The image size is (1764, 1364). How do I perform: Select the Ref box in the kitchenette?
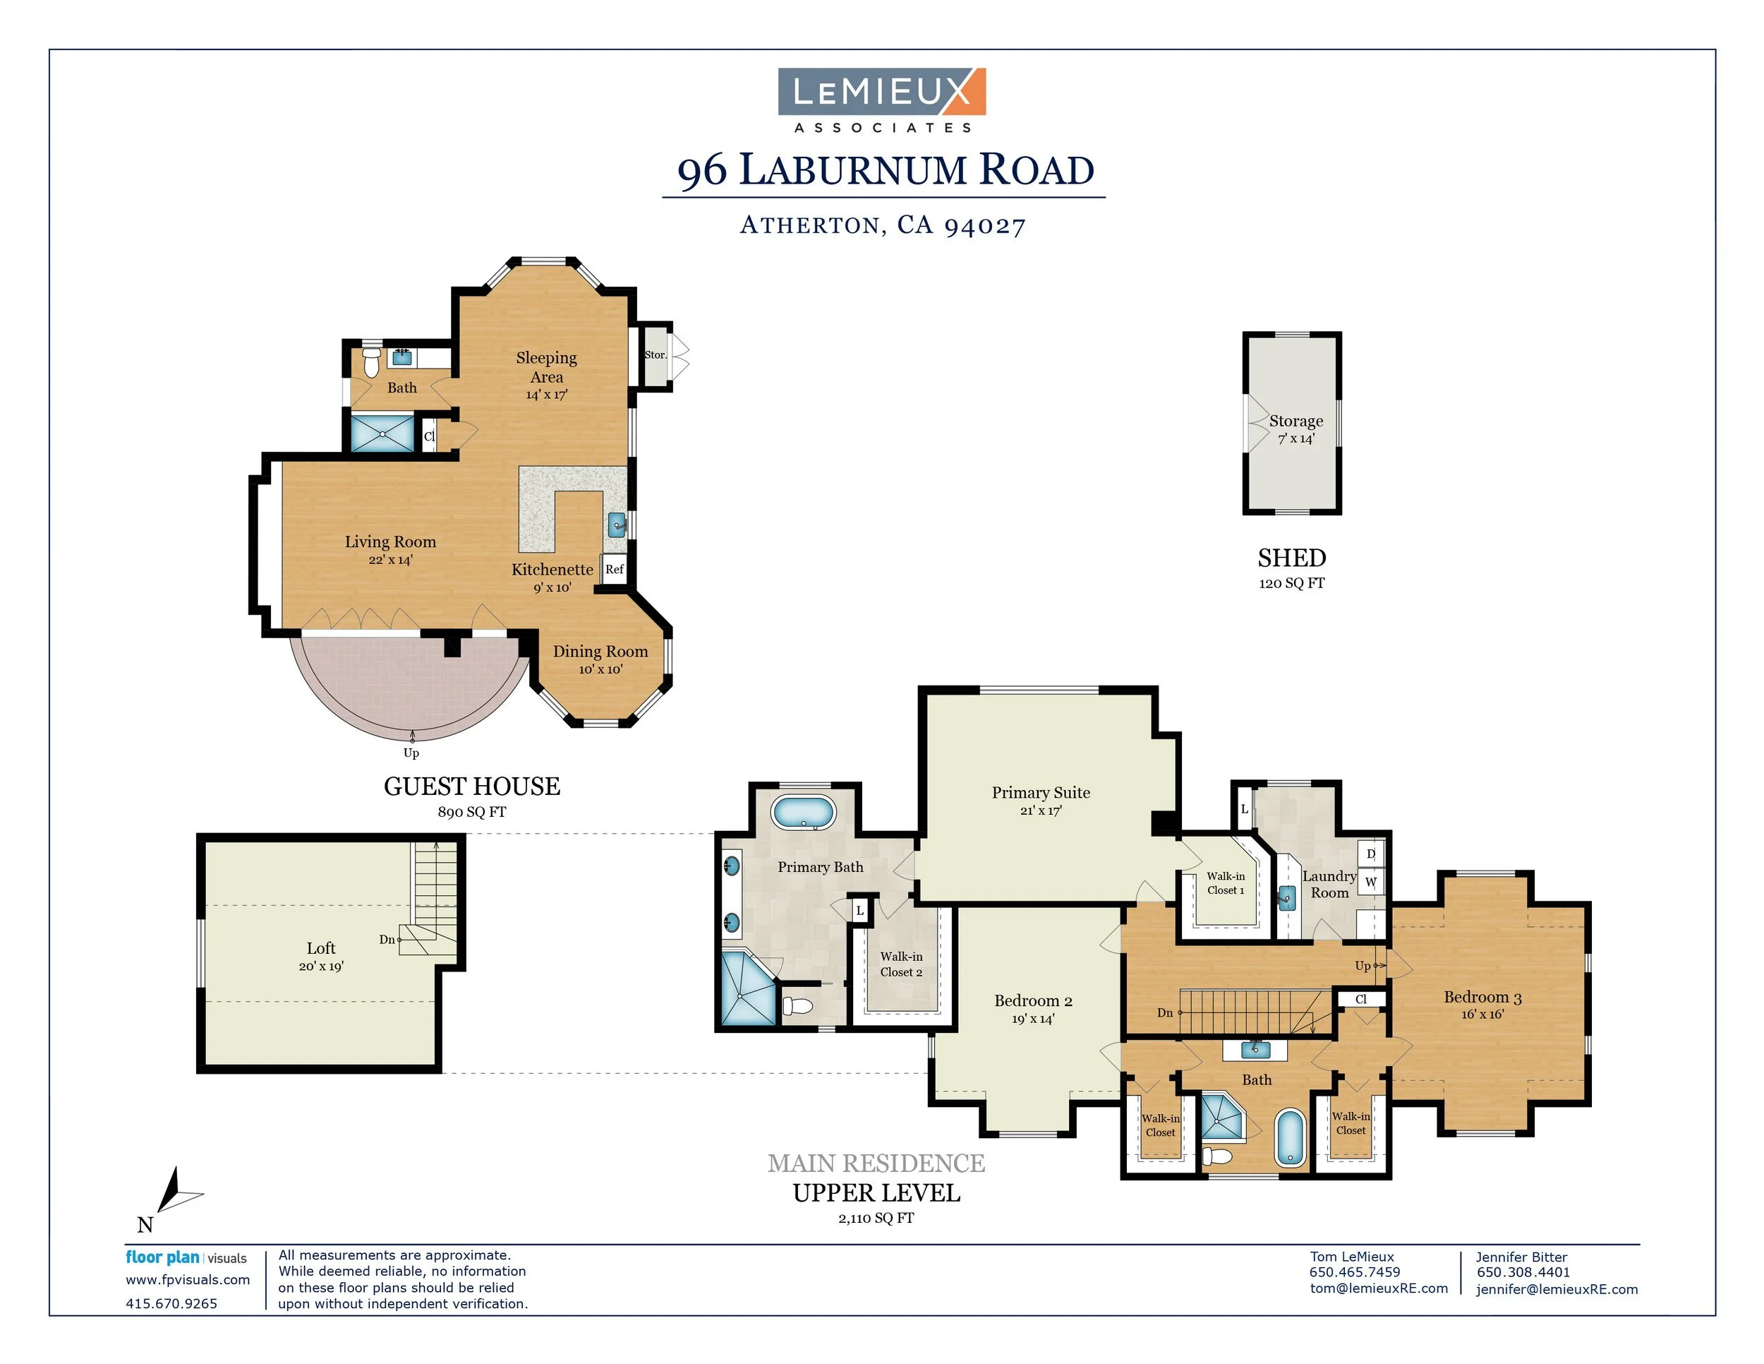click(x=614, y=569)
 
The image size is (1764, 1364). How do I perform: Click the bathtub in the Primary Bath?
click(x=803, y=812)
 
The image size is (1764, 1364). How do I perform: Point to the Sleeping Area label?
click(x=547, y=367)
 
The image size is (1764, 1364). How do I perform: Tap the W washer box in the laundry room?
click(x=1371, y=881)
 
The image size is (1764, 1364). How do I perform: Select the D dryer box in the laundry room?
click(x=1371, y=854)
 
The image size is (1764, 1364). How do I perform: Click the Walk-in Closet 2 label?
click(x=901, y=964)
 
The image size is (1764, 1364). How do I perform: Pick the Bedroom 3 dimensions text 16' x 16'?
click(x=1482, y=1014)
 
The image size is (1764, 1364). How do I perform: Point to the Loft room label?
click(x=320, y=948)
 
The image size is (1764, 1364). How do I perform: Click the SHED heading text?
click(x=1291, y=558)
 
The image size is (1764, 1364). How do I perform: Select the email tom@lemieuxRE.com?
click(x=1379, y=1288)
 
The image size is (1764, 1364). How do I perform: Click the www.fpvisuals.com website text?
click(x=188, y=1279)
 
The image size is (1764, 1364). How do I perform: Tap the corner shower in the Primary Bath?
click(x=746, y=989)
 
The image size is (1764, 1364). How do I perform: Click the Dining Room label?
click(x=600, y=652)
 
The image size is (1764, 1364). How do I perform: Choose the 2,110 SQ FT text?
click(x=876, y=1218)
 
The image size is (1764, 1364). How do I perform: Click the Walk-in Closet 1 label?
click(x=1225, y=883)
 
